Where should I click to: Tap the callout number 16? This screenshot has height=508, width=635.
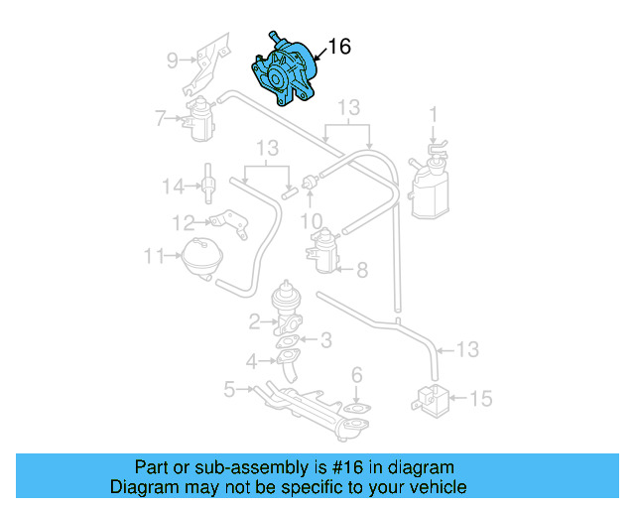coord(338,46)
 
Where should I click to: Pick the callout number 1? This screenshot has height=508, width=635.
coord(433,115)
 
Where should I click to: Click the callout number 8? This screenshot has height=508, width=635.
coord(362,269)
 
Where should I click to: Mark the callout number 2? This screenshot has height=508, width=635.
coord(255,320)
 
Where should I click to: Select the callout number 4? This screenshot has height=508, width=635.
coord(253,360)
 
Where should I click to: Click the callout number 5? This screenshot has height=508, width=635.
coord(229,390)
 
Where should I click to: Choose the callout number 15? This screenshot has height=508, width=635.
coord(480,399)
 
